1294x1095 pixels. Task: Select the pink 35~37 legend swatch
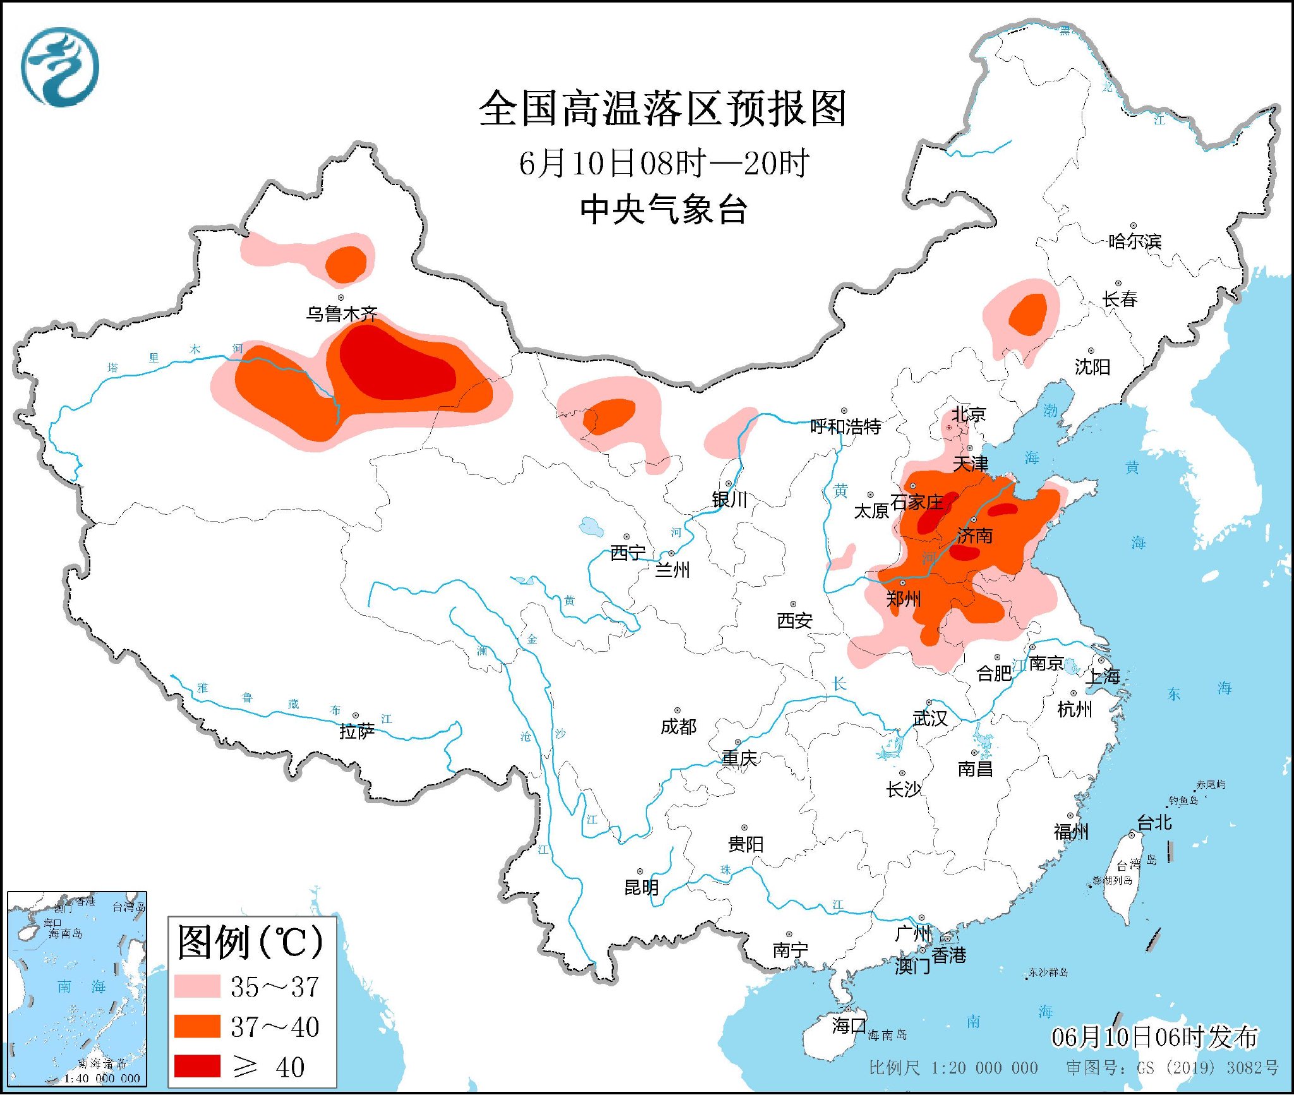click(x=197, y=986)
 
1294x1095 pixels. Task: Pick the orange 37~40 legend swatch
click(x=197, y=1026)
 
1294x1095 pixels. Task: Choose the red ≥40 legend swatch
click(x=197, y=1066)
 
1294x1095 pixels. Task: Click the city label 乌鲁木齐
click(x=341, y=313)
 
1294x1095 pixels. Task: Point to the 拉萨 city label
click(x=356, y=731)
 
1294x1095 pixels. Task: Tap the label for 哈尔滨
click(x=1135, y=241)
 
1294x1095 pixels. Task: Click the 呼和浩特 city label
click(x=845, y=427)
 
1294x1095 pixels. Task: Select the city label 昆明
click(x=641, y=887)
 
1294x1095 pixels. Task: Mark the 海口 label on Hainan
click(x=849, y=1025)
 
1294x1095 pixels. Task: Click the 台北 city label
click(x=1154, y=822)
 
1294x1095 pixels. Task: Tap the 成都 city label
click(x=678, y=727)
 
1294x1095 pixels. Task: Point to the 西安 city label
click(x=794, y=620)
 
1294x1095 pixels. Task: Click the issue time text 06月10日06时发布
click(x=1154, y=1037)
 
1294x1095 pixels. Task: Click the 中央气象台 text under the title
click(x=663, y=209)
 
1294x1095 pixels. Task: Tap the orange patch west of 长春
click(x=1028, y=314)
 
